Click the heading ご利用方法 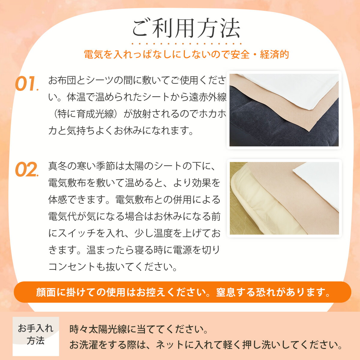(186, 28)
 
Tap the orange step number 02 (26, 170)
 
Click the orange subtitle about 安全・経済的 (186, 55)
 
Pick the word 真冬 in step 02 (57, 166)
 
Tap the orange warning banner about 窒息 (182, 292)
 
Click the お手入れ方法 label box (36, 335)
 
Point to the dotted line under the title (186, 44)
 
